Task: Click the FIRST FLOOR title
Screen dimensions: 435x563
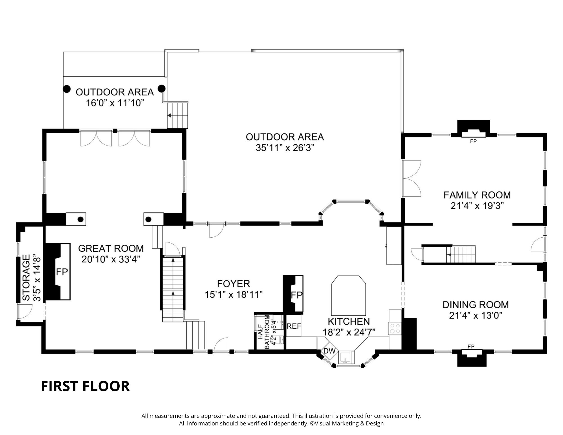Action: coord(85,386)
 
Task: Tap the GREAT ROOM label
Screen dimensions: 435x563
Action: coord(111,248)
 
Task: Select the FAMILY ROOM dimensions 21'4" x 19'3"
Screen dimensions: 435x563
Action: coord(477,206)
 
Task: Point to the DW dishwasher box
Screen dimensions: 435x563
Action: coord(329,351)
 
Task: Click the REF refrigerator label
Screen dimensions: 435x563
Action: coord(294,326)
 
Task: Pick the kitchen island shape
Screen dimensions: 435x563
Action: coord(348,296)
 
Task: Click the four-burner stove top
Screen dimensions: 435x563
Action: coord(395,329)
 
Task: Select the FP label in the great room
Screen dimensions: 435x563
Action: coord(62,272)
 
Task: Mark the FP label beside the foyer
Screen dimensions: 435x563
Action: coord(296,295)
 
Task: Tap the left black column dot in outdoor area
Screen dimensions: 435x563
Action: coord(66,89)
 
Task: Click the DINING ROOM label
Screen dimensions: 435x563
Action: coord(475,305)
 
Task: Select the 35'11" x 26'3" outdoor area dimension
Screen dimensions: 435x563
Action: coord(285,148)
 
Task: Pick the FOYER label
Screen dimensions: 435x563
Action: coord(233,283)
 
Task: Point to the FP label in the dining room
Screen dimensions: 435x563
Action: coord(471,346)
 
